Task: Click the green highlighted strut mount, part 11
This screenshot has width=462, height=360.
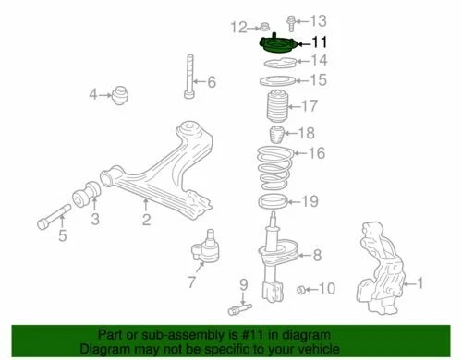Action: coord(277,43)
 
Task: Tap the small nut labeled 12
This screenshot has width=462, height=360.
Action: coord(264,25)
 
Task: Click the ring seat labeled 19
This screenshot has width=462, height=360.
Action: coord(276,201)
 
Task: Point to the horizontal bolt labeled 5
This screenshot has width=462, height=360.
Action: coord(50,222)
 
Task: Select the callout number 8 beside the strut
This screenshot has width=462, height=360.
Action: coord(317,256)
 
